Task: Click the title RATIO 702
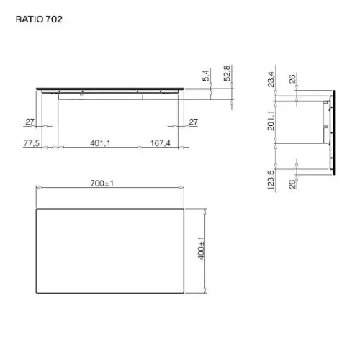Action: [x=39, y=19]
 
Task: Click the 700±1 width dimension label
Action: [x=102, y=184]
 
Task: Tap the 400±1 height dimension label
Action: [x=201, y=248]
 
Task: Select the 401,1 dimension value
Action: [x=100, y=143]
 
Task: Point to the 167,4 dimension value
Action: [x=161, y=143]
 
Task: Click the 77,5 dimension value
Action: [x=32, y=143]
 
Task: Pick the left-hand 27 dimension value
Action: [x=30, y=122]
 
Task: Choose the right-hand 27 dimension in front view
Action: [x=194, y=122]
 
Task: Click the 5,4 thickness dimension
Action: [x=206, y=76]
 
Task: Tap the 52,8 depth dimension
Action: [x=227, y=73]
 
